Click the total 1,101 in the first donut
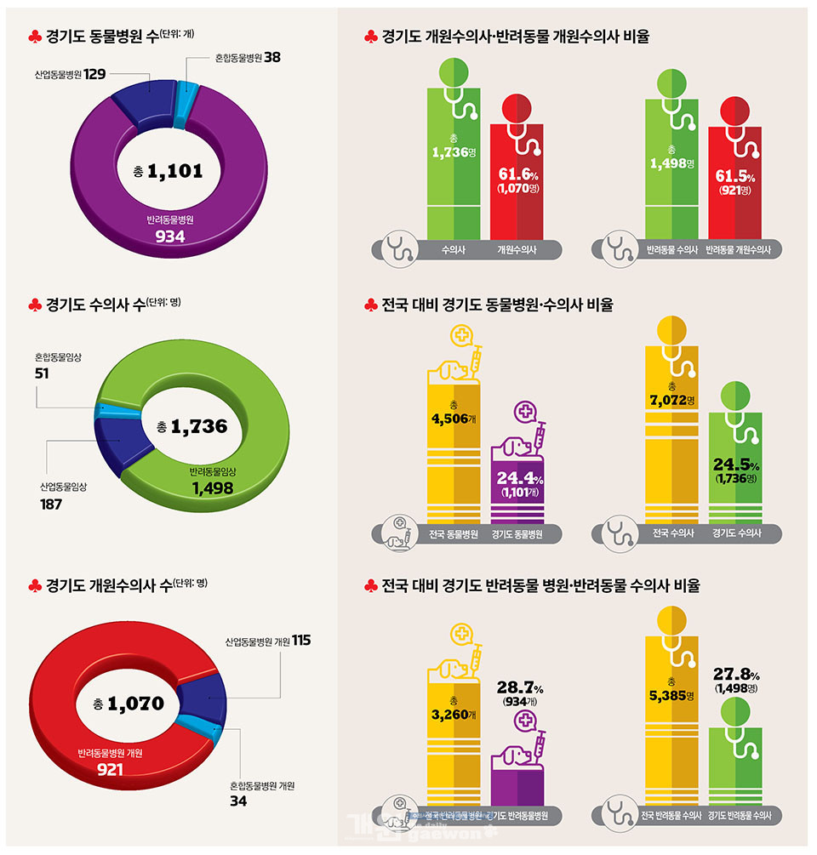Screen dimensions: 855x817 [x=174, y=171]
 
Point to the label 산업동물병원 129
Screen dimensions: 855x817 [x=71, y=75]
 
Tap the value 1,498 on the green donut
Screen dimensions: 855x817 [x=213, y=488]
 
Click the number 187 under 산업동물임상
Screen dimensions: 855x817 [x=50, y=504]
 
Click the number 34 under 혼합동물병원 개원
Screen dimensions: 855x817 [x=238, y=801]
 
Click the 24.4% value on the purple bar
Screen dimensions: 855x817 [x=517, y=478]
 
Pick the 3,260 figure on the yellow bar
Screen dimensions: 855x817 [x=450, y=715]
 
